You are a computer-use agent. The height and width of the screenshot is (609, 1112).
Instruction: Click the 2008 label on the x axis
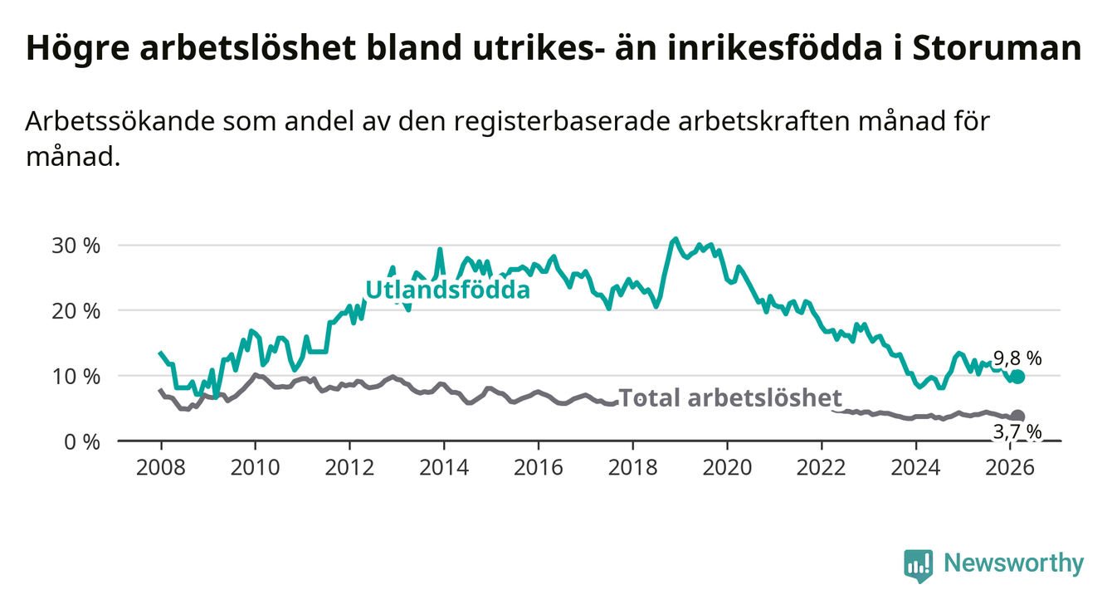[159, 466]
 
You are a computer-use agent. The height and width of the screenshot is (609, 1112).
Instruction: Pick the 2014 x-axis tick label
[443, 466]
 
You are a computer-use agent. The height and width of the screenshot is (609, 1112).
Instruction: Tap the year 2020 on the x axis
[727, 466]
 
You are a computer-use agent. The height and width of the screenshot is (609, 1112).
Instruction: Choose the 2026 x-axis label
[1011, 466]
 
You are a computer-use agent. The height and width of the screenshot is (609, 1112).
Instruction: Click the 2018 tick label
[632, 466]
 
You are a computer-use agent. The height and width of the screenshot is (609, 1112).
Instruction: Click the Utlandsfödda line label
[447, 290]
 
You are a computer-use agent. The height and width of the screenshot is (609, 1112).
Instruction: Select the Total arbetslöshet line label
[730, 398]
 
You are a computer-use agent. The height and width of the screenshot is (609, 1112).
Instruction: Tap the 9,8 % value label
[1017, 358]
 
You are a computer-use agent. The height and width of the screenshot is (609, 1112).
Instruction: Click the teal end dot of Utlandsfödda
[1017, 377]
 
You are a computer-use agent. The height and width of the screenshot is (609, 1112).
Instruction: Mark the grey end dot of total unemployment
[1017, 416]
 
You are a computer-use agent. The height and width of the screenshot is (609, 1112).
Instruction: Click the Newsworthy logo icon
[917, 566]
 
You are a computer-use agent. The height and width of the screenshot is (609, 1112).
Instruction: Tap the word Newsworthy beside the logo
[1014, 564]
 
